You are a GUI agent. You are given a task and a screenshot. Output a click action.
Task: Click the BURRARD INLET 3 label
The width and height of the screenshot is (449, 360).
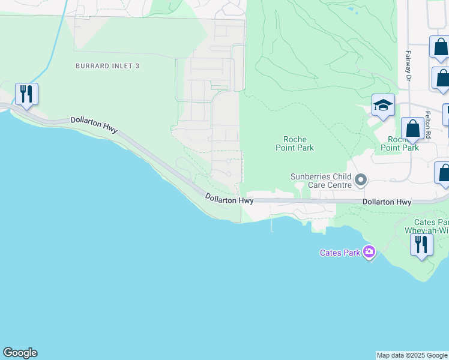[107, 65]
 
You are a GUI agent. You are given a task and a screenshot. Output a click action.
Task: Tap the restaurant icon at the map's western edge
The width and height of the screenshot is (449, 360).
[26, 95]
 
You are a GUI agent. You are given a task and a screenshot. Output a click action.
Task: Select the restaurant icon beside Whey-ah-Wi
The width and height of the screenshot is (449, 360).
[421, 245]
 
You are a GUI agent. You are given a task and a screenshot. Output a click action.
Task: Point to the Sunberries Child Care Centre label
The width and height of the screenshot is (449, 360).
[321, 181]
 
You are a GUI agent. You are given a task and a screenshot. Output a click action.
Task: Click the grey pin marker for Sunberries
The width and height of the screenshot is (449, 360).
[361, 180]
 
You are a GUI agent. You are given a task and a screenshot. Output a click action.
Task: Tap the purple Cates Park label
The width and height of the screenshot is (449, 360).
[340, 253]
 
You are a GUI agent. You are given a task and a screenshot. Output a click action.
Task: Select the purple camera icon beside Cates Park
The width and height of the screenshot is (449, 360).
[369, 252]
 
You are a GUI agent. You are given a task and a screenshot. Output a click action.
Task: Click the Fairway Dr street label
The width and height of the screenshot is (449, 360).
[408, 65]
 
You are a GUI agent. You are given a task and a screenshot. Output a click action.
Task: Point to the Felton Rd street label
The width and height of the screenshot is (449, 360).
[428, 125]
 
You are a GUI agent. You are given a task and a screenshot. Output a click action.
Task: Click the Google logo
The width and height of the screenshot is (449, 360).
[20, 353]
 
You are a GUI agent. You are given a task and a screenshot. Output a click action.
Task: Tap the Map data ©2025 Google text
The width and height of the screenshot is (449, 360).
[412, 355]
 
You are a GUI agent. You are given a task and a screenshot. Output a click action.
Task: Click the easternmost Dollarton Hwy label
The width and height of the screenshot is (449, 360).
[387, 203]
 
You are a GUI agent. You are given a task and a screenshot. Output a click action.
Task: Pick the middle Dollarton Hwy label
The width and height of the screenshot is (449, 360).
[229, 199]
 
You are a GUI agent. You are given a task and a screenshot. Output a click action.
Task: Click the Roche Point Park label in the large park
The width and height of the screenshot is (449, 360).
[295, 143]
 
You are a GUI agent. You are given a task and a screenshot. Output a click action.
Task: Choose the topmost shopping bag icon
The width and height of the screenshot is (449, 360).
[440, 47]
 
